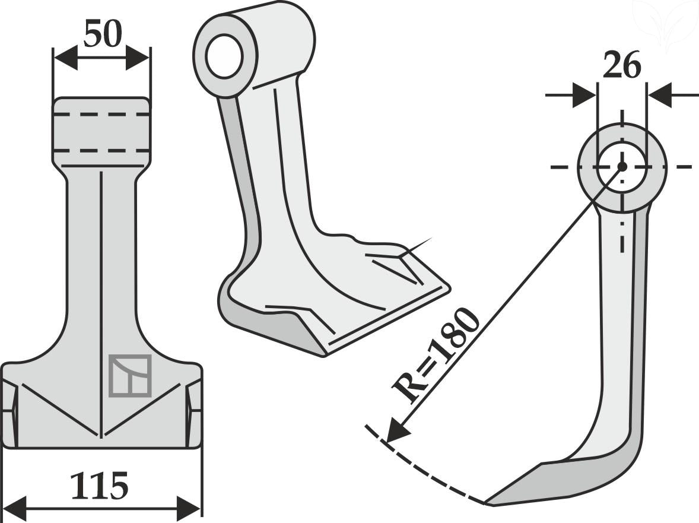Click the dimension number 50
click(x=102, y=34)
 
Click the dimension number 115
click(x=100, y=486)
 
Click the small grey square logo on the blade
click(x=130, y=376)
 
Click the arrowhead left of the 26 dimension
click(x=584, y=95)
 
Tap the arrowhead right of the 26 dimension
click(x=659, y=95)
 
